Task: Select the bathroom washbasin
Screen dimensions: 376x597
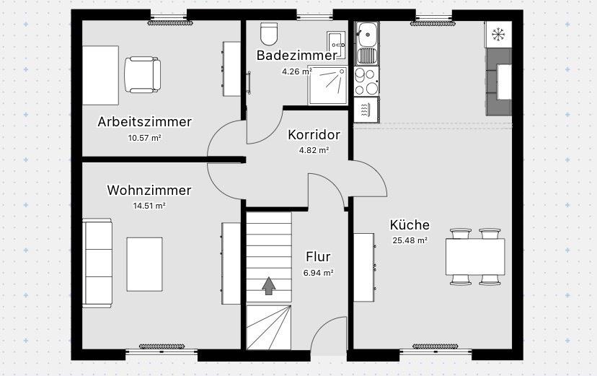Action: (x=337, y=40)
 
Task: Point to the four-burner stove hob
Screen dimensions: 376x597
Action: (x=366, y=80)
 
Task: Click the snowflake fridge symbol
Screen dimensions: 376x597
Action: (x=497, y=33)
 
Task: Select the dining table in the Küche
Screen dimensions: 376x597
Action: (x=474, y=256)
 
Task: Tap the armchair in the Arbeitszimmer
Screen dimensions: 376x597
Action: (x=142, y=75)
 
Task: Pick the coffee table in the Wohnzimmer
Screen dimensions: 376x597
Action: (x=145, y=263)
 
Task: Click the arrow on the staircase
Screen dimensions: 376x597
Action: (x=268, y=286)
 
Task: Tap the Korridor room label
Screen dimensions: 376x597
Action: (x=314, y=135)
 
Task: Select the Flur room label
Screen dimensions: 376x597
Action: (x=318, y=257)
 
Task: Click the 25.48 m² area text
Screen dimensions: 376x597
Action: (x=410, y=241)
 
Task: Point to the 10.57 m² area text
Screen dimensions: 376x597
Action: (x=144, y=137)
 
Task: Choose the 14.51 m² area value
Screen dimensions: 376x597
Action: (x=149, y=206)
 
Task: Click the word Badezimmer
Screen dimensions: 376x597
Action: (x=296, y=56)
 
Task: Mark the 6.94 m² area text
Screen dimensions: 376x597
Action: (x=318, y=273)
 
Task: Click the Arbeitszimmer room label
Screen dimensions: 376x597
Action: (x=144, y=121)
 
